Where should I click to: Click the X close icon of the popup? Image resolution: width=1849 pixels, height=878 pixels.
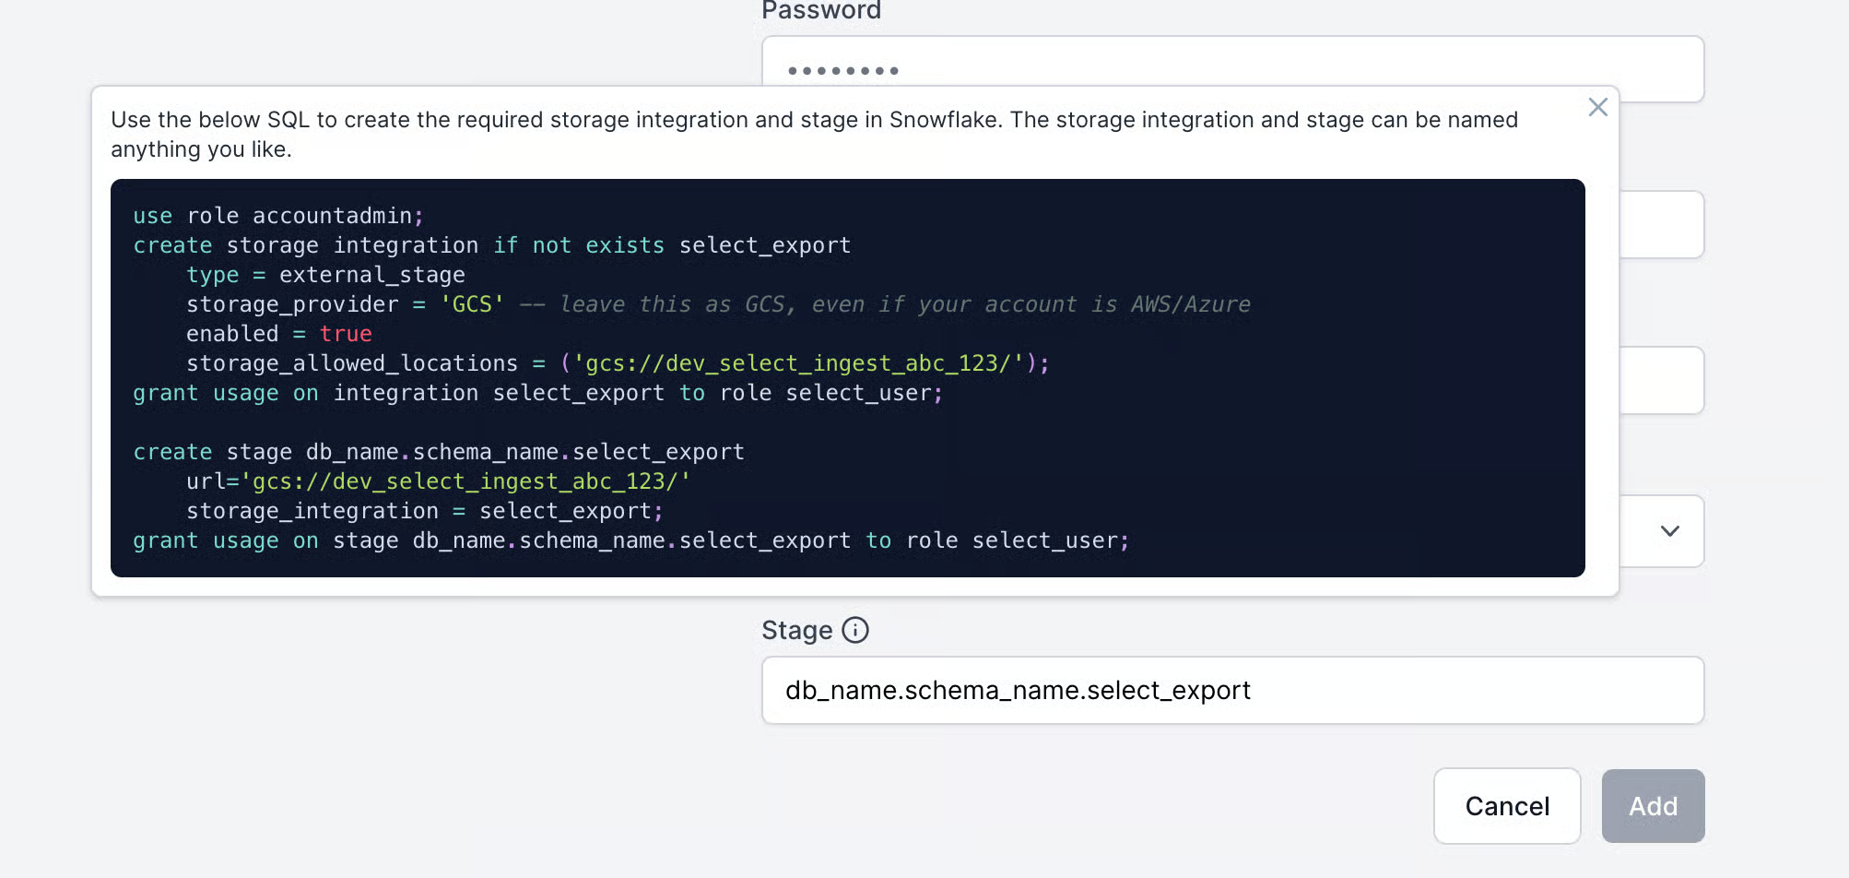(1597, 107)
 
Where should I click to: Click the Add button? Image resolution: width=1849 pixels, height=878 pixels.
(1653, 806)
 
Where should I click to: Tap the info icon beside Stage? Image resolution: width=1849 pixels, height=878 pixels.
(855, 630)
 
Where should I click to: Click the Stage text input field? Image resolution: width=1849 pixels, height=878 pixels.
(1232, 690)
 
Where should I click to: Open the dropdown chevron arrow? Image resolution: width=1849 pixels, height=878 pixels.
(1669, 531)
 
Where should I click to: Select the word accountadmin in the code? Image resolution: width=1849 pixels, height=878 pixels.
(333, 216)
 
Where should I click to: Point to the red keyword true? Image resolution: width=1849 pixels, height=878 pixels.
(346, 334)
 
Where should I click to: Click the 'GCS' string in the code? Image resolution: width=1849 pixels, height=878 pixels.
(472, 304)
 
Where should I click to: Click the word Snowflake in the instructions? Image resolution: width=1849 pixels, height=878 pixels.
(944, 120)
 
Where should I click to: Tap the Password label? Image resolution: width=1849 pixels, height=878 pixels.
(821, 10)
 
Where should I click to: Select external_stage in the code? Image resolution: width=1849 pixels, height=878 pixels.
(372, 275)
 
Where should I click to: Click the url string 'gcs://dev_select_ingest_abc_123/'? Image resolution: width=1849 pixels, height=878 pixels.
(465, 481)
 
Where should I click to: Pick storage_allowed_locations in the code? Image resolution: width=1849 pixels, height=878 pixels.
(352, 363)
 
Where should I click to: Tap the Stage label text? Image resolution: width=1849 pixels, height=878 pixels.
(797, 630)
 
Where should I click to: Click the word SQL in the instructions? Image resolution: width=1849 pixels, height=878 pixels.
(289, 120)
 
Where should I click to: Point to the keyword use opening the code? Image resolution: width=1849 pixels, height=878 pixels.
(152, 216)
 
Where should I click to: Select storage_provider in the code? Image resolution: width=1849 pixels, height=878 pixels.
(292, 304)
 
